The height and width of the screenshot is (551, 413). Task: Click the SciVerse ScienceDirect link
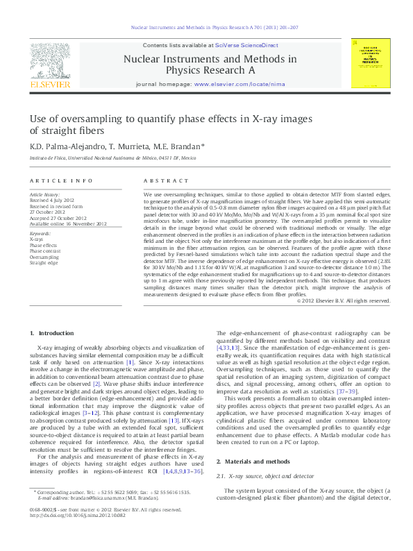(x=246, y=44)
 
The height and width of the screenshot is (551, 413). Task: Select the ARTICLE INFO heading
(x=61, y=180)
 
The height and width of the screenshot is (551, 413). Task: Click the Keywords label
(x=40, y=234)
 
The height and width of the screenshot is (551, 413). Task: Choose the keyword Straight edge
(x=43, y=263)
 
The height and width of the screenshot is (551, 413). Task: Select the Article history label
(x=44, y=194)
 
